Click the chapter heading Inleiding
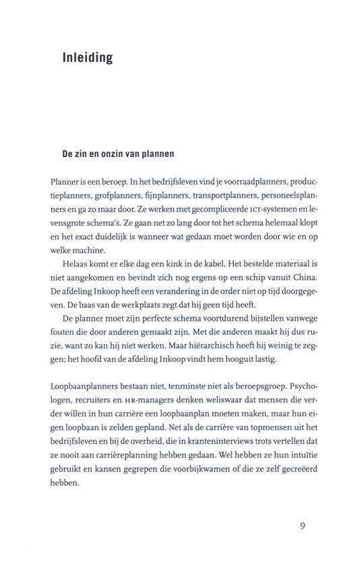click(x=87, y=58)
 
